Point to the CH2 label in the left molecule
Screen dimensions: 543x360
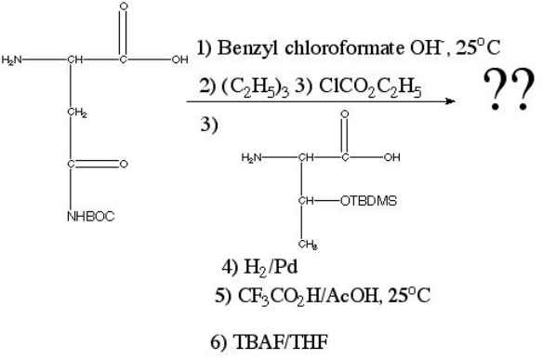pos(76,113)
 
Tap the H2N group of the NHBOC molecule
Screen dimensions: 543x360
pos(12,61)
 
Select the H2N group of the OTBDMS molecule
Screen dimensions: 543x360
pos(251,156)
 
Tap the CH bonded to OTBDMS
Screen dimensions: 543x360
pos(303,197)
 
